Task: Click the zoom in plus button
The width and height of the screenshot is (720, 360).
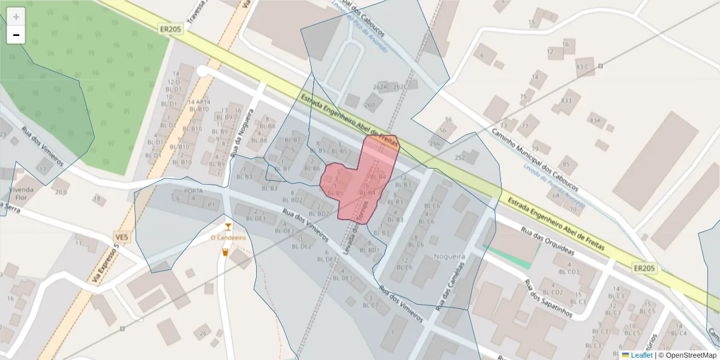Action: click(x=16, y=17)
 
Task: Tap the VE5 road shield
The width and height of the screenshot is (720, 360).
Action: click(x=122, y=238)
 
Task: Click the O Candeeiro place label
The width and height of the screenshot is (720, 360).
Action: click(x=228, y=238)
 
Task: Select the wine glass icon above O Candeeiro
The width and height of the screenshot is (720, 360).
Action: click(x=228, y=226)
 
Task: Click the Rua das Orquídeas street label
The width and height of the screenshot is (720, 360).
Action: click(x=548, y=241)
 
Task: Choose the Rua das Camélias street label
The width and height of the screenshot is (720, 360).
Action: click(x=450, y=285)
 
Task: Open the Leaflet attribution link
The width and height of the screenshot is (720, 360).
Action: click(x=641, y=355)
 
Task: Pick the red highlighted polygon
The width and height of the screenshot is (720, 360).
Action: click(x=360, y=180)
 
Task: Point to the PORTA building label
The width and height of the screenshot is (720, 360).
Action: click(x=193, y=191)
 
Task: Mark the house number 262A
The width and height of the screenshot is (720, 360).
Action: click(x=380, y=87)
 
